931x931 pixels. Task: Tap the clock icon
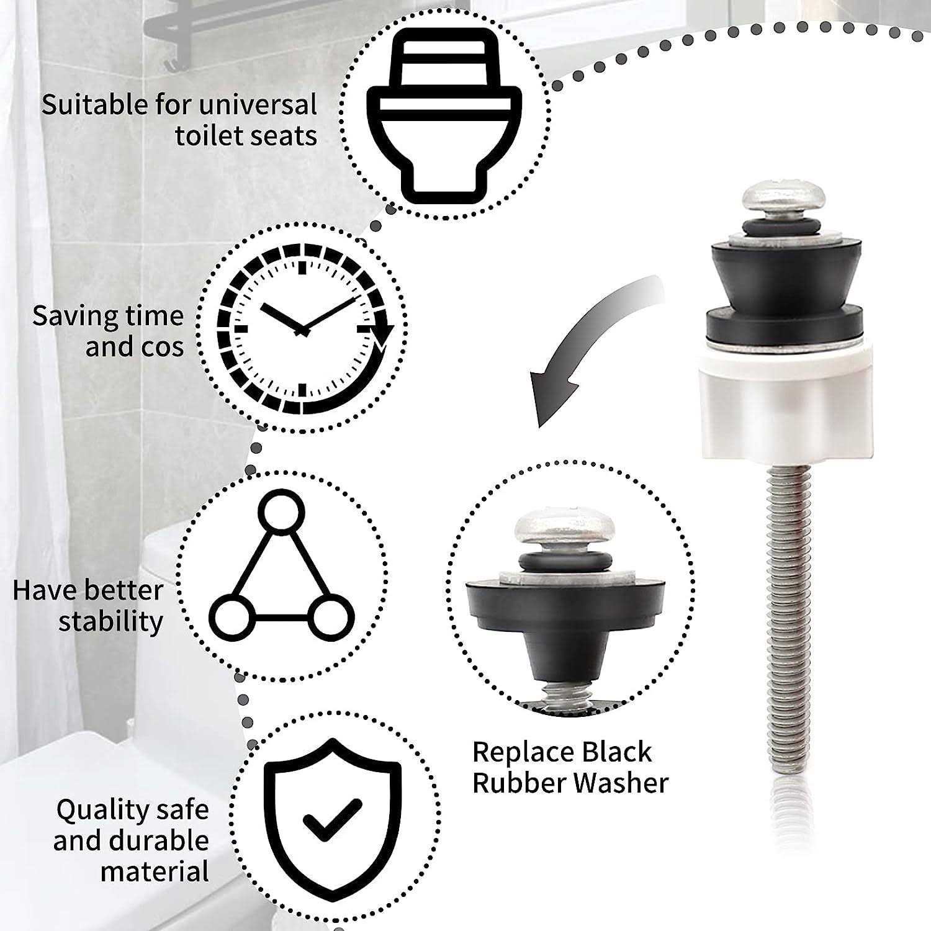click(302, 330)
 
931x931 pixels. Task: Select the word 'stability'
click(111, 621)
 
